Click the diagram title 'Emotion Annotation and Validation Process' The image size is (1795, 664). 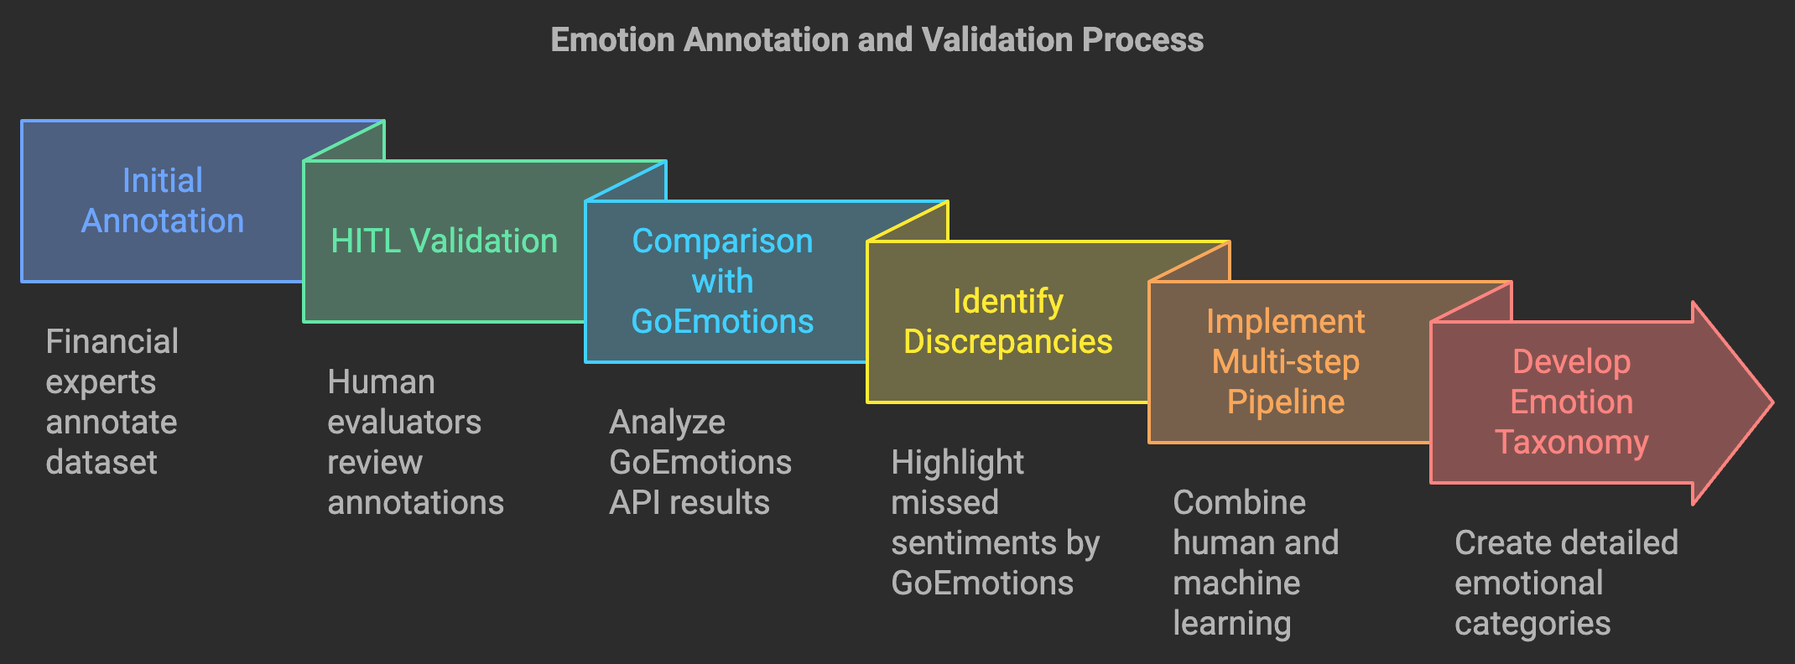coord(877,39)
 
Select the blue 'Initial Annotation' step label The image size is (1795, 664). coord(163,200)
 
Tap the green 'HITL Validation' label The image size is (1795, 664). coord(444,241)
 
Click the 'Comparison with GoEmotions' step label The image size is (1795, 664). coord(722,281)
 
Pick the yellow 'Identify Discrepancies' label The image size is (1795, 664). coord(1007,321)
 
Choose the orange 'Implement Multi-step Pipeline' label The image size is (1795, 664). coord(1286,361)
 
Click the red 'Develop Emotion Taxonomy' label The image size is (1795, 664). coord(1571,402)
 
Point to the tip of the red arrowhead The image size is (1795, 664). coord(1772,402)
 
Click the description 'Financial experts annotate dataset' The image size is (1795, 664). coord(112,402)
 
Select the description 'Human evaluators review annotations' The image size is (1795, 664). coord(415,442)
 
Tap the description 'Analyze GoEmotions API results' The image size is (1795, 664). coord(700,462)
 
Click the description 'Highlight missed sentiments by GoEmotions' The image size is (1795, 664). coord(995,522)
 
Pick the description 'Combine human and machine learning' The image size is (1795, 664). coord(1255,563)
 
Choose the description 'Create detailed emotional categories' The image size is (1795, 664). coord(1566,583)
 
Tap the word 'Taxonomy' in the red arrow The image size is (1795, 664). coord(1571,442)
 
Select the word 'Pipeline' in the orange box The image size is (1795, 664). coord(1286,402)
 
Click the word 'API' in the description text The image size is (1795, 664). coord(635,502)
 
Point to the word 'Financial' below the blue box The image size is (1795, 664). coord(112,341)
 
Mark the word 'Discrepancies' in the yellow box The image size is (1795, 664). coord(1007,341)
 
